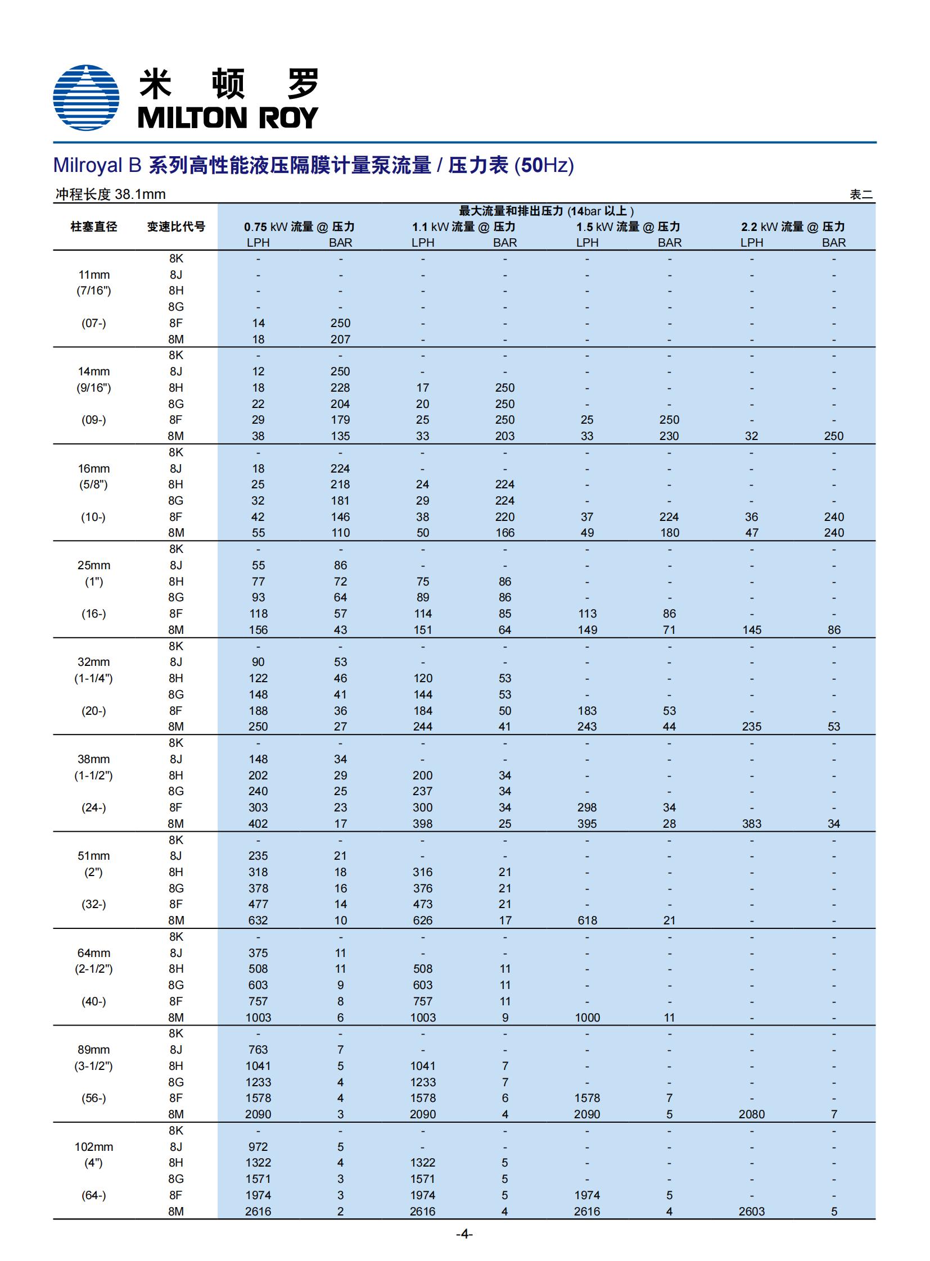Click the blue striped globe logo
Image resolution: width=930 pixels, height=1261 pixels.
pos(86,97)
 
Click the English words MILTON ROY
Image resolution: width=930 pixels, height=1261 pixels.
pos(227,117)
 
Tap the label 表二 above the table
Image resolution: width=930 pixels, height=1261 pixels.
pos(861,194)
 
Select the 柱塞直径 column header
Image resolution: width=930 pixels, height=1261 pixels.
pos(93,227)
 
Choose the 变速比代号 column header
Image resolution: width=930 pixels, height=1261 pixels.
pos(175,227)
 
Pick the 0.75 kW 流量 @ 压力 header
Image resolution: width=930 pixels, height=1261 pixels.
pos(299,227)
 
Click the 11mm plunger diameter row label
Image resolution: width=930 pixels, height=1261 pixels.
pos(93,275)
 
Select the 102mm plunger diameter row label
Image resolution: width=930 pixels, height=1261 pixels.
pos(93,1147)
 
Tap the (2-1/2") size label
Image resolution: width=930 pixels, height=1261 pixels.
pos(93,969)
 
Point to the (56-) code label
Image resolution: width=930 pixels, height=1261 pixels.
pos(93,1098)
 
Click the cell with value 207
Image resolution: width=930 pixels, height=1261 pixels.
pos(340,339)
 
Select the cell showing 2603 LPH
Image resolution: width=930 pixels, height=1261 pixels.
pos(752,1212)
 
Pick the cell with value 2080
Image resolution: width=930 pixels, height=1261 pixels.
pos(752,1114)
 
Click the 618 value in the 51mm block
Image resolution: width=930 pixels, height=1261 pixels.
pos(587,920)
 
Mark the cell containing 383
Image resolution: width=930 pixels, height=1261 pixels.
pos(752,824)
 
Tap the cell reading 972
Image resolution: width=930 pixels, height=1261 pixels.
pos(258,1147)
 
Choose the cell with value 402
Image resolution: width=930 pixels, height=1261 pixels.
pos(258,824)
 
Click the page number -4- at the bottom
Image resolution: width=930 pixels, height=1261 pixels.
pos(464,1234)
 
